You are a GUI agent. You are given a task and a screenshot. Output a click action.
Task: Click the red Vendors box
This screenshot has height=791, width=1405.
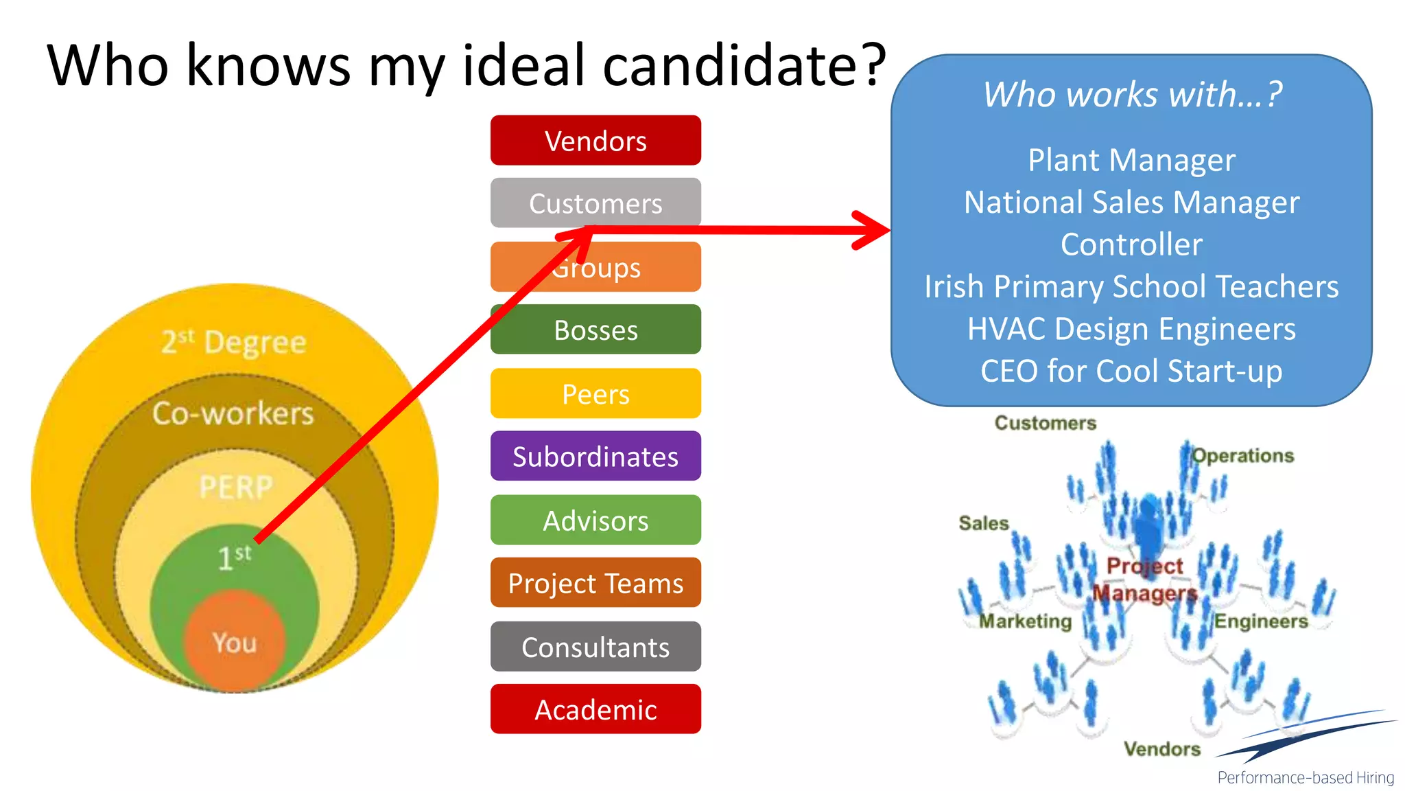(595, 141)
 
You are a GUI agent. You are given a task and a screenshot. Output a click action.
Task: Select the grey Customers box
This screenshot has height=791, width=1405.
(595, 203)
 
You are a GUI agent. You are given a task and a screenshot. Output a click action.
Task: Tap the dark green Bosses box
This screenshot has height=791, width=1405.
(595, 330)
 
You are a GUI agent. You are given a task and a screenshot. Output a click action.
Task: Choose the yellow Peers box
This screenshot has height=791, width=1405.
(595, 393)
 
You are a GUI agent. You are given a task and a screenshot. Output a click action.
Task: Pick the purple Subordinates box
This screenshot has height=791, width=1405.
(595, 456)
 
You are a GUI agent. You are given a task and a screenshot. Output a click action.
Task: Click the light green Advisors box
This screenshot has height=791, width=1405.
(595, 520)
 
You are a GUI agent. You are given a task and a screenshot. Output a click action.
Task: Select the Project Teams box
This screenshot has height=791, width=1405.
(595, 583)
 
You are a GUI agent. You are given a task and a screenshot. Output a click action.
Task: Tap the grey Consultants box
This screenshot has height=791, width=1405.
(595, 646)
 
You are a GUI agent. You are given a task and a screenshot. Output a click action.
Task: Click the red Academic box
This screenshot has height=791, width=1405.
(595, 709)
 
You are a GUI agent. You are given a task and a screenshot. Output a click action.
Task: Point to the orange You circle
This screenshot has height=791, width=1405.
(234, 643)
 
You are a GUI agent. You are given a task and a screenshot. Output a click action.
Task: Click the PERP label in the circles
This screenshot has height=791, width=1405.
(236, 487)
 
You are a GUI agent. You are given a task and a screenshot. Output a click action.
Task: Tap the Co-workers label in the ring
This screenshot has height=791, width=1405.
(233, 413)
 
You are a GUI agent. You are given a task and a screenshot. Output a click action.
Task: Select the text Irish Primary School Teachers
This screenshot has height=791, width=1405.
(1131, 286)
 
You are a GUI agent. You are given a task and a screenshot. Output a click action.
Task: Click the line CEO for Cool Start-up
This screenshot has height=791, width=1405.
(1131, 371)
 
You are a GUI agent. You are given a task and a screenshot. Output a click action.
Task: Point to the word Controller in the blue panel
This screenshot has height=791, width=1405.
(1131, 244)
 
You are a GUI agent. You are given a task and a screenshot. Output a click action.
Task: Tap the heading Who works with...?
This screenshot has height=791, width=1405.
(1132, 94)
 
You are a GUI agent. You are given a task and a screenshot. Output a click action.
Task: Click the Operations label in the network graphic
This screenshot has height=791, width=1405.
(1242, 455)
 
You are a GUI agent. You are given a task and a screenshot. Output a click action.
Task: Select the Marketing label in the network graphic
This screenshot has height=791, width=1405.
(1025, 621)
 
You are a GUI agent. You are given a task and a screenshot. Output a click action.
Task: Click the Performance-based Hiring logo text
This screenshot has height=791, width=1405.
(1306, 777)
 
